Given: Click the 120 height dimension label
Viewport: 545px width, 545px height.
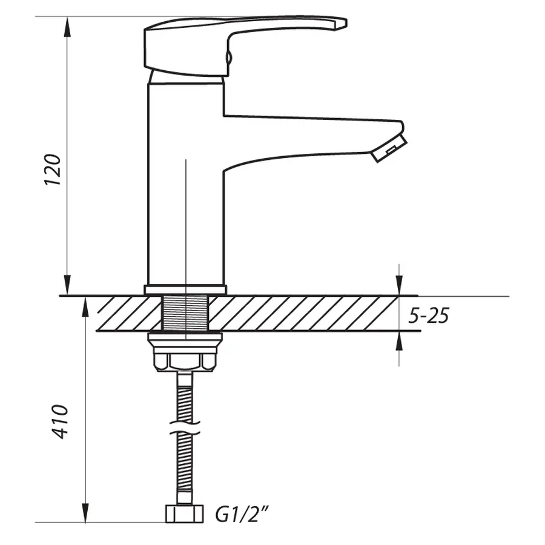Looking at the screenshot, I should (53, 170).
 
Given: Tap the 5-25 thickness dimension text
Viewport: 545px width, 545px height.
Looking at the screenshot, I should (428, 315).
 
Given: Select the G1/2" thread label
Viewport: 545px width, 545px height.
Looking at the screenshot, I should (242, 515).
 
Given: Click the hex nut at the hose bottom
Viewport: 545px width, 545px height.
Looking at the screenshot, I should (184, 514).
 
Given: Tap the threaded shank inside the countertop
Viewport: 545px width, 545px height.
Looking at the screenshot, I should (185, 314).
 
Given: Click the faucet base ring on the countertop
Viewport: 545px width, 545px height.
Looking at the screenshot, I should (185, 289).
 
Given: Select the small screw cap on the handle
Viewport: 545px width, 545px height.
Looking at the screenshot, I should (228, 58).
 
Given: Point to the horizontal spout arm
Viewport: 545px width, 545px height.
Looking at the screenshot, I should (303, 136).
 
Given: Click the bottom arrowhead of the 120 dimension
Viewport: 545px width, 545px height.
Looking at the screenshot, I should (67, 286).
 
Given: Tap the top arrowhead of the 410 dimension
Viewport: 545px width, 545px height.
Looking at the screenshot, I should (85, 306).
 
